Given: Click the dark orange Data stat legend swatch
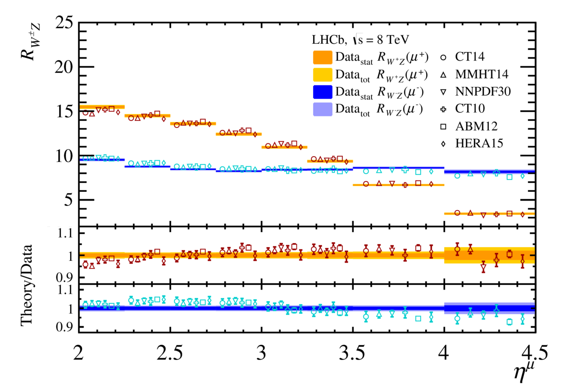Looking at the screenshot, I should (322, 57).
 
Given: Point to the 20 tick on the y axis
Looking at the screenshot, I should (63, 67).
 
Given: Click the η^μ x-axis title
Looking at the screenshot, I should (523, 369).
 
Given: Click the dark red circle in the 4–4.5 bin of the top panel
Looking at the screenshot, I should (457, 213).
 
